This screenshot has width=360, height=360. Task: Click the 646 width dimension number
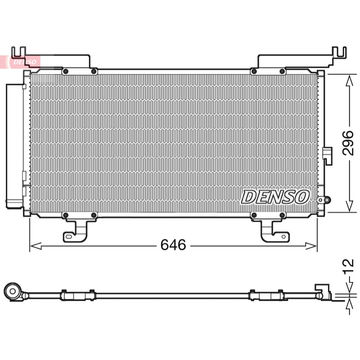[x=173, y=245]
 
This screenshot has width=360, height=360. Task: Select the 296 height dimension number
[x=347, y=143]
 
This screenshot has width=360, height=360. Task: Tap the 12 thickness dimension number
[x=347, y=267]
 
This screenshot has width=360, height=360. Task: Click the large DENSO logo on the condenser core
[x=275, y=197]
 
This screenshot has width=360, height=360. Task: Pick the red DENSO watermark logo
[x=25, y=62]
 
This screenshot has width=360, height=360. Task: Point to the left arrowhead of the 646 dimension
[x=36, y=246]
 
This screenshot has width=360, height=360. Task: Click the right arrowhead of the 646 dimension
[x=311, y=246]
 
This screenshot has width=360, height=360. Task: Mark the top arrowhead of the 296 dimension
[x=350, y=81]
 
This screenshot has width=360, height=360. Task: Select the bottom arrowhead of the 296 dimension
[x=350, y=206]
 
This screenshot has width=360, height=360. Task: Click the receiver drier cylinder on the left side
[x=14, y=146]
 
